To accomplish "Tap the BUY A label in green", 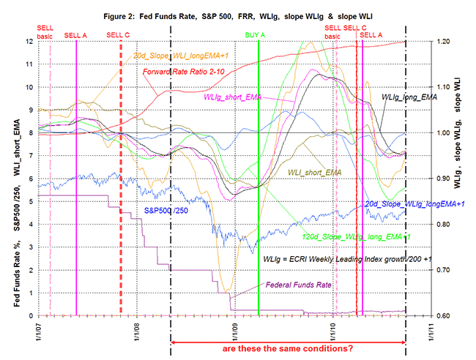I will (256, 34).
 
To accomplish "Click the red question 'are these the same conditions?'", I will (289, 348).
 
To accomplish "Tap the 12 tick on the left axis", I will (29, 41).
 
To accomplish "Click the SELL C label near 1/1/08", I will (118, 34).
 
